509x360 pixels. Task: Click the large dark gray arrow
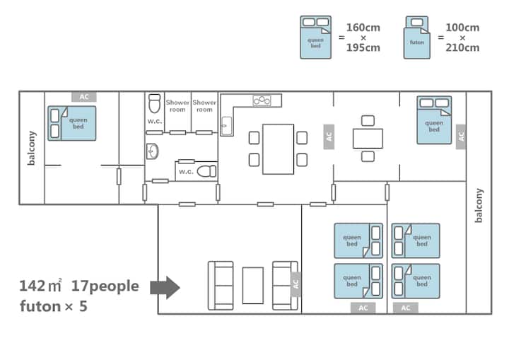tap(165, 288)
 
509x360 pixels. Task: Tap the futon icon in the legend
tap(417, 37)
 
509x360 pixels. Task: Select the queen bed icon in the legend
tap(315, 37)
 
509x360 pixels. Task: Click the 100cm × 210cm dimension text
tap(462, 37)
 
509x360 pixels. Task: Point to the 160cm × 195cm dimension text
tap(363, 37)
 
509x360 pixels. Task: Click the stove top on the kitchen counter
tap(262, 100)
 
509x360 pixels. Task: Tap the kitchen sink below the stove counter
tap(226, 126)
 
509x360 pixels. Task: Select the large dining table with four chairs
tap(279, 149)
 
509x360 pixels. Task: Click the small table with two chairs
tap(368, 139)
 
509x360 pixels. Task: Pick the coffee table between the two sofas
tap(253, 286)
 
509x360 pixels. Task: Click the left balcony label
tap(32, 148)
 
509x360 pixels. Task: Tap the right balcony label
tap(479, 205)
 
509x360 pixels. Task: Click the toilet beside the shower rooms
tap(154, 103)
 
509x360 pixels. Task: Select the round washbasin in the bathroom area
tap(152, 151)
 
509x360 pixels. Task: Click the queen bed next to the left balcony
tap(72, 124)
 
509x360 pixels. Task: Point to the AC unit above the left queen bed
tap(83, 97)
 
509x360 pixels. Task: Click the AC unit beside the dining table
tap(329, 137)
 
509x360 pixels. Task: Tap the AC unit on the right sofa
tap(296, 284)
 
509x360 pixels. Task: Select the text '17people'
tap(105, 286)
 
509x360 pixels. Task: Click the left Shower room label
tap(177, 106)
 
